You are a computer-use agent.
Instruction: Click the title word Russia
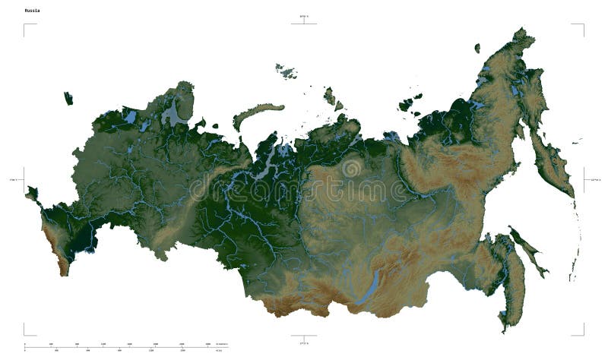pos(33,11)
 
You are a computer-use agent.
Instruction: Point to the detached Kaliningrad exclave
pos(68,98)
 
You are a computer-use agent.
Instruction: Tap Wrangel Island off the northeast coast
pos(477,47)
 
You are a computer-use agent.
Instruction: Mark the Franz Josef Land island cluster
pos(287,71)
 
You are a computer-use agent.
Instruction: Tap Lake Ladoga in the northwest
pos(131,118)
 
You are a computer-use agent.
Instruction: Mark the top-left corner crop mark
pos(28,28)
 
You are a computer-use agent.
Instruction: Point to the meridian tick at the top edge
pos(304,21)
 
